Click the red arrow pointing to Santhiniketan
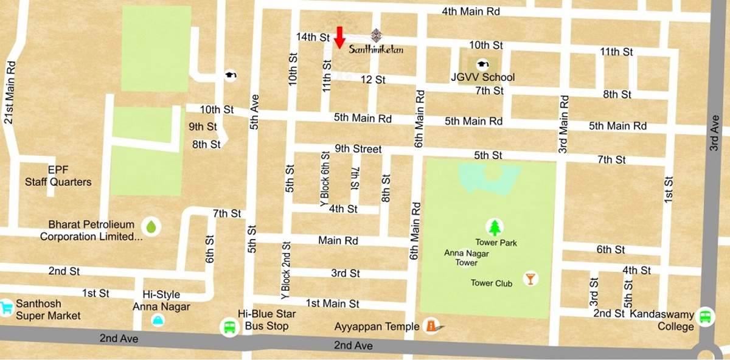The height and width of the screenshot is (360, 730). (x=339, y=36)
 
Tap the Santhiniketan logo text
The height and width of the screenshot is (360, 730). (x=376, y=50)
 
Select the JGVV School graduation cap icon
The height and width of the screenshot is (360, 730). (x=482, y=64)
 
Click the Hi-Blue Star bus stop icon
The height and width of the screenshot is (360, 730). (x=229, y=327)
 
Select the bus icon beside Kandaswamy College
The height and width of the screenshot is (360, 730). (x=706, y=316)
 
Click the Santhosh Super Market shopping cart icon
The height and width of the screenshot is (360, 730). (x=7, y=306)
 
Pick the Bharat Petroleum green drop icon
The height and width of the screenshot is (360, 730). (x=150, y=227)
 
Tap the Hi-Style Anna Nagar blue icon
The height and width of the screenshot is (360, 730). (x=158, y=320)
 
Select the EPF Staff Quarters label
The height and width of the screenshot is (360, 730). (x=58, y=176)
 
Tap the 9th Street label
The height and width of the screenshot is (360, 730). (x=358, y=149)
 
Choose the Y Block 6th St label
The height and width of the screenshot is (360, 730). (x=324, y=179)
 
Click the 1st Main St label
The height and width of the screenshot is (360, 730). (x=332, y=303)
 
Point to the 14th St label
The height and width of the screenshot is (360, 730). (x=312, y=37)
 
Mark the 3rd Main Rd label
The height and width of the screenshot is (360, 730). (x=564, y=124)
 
